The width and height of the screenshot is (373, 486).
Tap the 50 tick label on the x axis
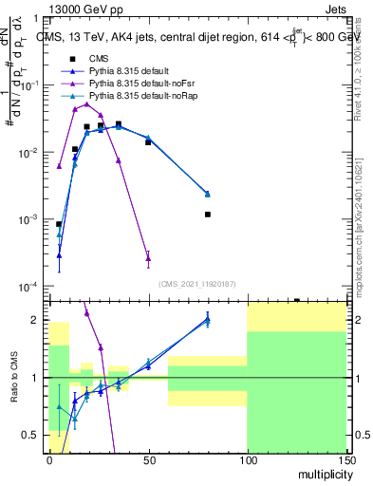pyautogui.click(x=148, y=460)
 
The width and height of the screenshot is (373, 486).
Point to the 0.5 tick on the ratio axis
pyautogui.click(x=36, y=435)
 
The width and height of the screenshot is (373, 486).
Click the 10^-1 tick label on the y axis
pyautogui.click(x=30, y=85)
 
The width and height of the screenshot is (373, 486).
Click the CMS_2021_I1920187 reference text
pyautogui.click(x=197, y=283)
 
